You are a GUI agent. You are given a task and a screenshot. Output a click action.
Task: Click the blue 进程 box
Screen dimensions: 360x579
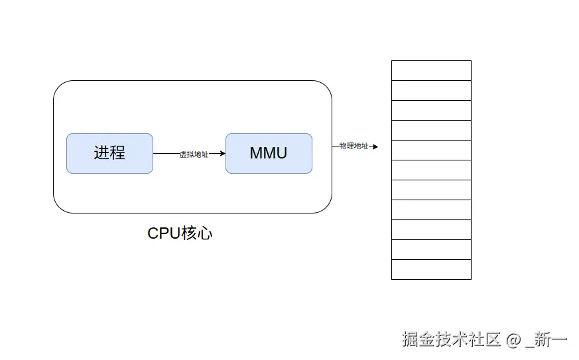(x=109, y=153)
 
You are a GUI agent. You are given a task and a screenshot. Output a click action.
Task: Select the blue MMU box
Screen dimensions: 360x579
(x=269, y=153)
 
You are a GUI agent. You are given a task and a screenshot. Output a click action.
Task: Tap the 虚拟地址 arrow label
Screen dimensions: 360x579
(x=194, y=154)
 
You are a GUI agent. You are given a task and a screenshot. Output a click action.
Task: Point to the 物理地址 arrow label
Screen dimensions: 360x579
(x=354, y=146)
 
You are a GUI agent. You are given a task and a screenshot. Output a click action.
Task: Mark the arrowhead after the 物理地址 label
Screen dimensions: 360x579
(x=375, y=147)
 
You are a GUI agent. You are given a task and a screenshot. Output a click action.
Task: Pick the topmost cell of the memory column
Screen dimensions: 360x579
(x=431, y=70)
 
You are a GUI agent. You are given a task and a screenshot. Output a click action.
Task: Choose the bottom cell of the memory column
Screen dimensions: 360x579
(x=431, y=270)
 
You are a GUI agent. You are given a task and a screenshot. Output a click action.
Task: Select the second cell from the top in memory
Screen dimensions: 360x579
(x=431, y=91)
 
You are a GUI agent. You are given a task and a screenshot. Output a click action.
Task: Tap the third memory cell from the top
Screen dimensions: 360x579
(x=431, y=111)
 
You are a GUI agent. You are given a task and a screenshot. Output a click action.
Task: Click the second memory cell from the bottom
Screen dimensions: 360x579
(x=431, y=250)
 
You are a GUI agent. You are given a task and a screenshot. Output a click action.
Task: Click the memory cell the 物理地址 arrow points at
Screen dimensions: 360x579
(x=431, y=150)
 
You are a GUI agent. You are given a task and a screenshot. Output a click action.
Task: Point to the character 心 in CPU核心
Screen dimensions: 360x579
(x=205, y=233)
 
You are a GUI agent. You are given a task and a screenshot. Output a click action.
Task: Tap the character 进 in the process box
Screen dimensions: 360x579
(x=101, y=152)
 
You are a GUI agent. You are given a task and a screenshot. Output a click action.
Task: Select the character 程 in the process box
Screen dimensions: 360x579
(x=117, y=152)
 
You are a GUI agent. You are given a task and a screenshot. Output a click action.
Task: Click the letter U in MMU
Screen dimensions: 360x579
(x=281, y=153)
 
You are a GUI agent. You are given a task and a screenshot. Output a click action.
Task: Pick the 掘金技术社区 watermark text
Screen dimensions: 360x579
(x=451, y=339)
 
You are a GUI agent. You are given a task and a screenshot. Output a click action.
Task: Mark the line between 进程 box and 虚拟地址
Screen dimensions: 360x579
(x=166, y=153)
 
